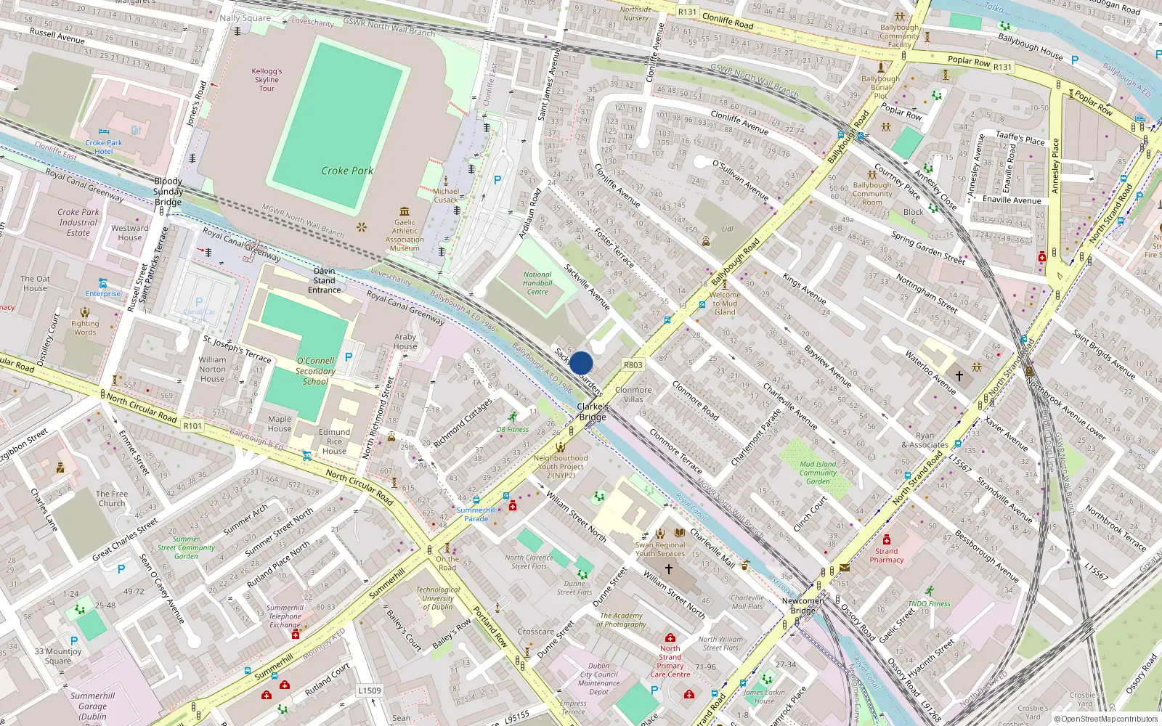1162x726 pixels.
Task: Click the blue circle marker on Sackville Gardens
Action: tap(581, 363)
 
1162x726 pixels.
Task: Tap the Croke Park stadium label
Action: tap(347, 171)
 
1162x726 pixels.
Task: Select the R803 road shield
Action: tap(633, 365)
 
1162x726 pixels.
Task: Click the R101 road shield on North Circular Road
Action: tap(192, 425)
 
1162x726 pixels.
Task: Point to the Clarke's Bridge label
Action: tap(593, 412)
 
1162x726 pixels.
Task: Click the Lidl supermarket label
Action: tap(727, 229)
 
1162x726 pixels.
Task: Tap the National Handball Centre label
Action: tap(537, 283)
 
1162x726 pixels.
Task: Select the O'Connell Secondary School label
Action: tap(315, 370)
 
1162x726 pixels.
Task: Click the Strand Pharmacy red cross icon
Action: tap(886, 539)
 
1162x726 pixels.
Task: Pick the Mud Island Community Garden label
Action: tap(818, 473)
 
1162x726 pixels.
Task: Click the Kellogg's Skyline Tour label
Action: tap(267, 80)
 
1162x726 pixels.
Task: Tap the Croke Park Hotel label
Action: tap(104, 147)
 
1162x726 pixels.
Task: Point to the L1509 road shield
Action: tap(369, 690)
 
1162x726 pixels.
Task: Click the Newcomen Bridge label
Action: tap(803, 605)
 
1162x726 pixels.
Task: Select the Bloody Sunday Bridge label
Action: tap(168, 192)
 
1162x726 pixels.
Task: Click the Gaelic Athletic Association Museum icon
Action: tap(405, 211)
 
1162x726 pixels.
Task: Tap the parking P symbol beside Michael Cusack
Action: tap(497, 180)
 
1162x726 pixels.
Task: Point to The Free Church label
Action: tap(112, 498)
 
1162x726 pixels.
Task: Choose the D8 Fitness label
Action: tap(513, 429)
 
